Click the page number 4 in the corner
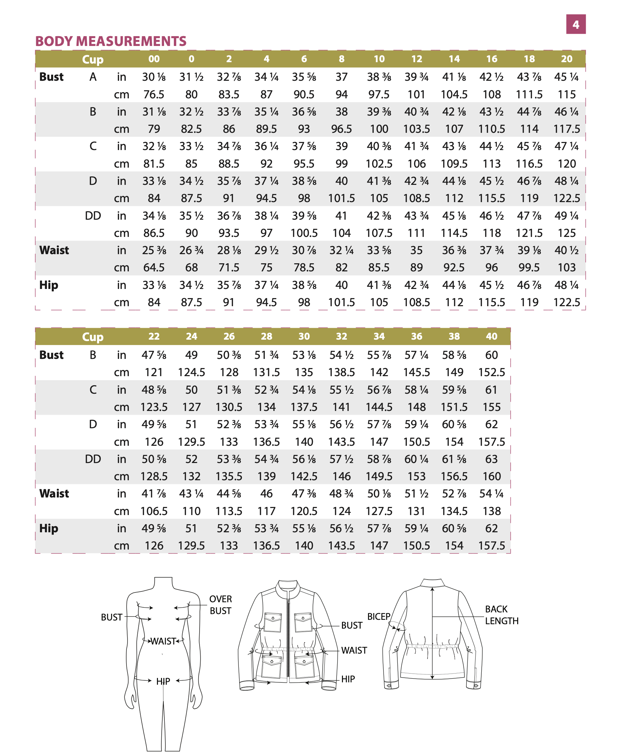click(x=575, y=24)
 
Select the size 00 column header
click(x=154, y=59)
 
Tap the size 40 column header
click(x=491, y=336)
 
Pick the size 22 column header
click(x=154, y=336)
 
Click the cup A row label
click(x=93, y=77)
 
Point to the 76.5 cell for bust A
click(x=154, y=94)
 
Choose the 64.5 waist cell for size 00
click(x=154, y=267)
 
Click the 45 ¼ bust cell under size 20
click(x=566, y=77)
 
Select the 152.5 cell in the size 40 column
click(x=491, y=372)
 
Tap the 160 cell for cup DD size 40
click(x=491, y=476)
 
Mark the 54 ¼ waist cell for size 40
click(x=491, y=494)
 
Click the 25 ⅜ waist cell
click(x=154, y=250)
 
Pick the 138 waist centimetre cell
click(x=491, y=511)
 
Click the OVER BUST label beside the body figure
click(x=220, y=605)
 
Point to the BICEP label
click(x=378, y=617)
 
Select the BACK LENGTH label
click(x=501, y=615)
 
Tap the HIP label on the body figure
click(x=163, y=681)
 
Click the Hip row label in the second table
click(x=49, y=528)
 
